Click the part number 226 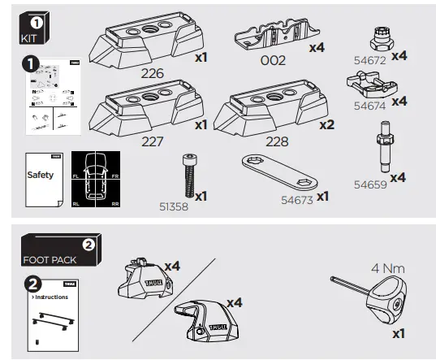click(x=153, y=74)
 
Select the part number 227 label click(x=153, y=140)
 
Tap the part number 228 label click(x=276, y=140)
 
